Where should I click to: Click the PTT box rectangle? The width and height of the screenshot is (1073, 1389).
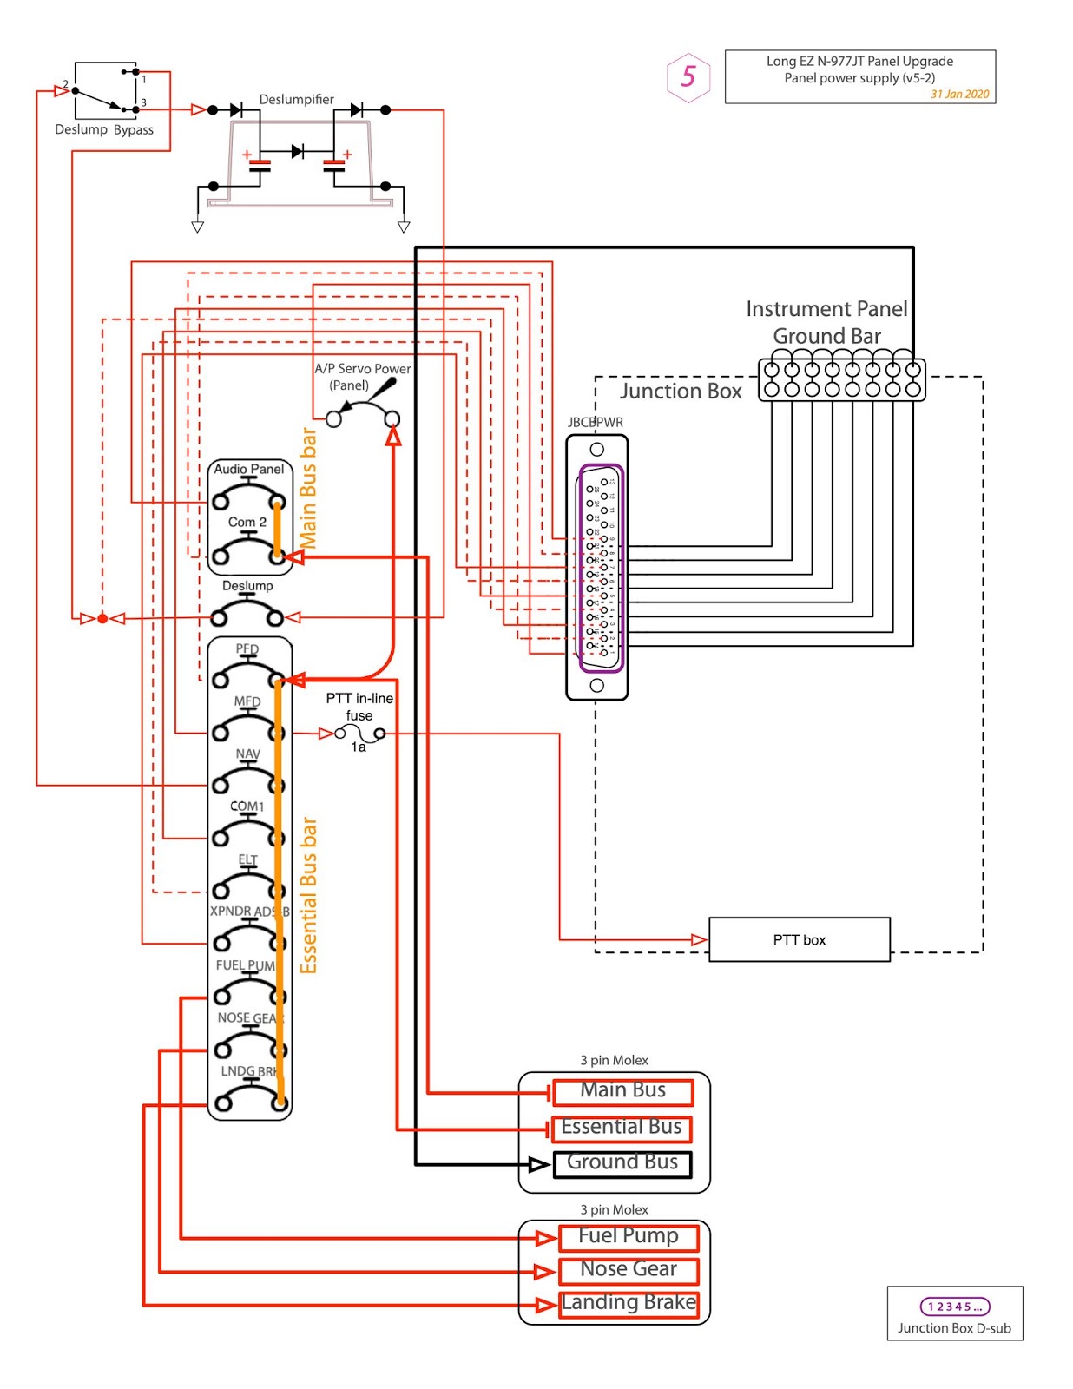(799, 939)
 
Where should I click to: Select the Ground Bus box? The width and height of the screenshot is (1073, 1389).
(622, 1163)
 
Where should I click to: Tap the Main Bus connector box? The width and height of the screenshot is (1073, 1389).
(622, 1091)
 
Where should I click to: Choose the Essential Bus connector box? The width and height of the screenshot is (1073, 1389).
(622, 1128)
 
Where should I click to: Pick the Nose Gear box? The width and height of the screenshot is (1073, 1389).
(629, 1270)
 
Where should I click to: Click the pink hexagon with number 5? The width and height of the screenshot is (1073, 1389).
(688, 77)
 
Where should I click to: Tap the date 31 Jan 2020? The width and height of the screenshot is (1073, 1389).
(959, 95)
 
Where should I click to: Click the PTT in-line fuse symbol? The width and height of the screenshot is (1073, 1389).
(359, 734)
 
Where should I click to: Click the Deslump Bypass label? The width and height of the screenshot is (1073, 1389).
(104, 130)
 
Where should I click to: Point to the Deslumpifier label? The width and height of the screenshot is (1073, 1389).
(296, 100)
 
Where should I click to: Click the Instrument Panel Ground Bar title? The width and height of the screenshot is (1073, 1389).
(826, 322)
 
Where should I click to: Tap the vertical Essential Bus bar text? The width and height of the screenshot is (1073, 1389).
(309, 895)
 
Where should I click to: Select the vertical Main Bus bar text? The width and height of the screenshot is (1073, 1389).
(308, 489)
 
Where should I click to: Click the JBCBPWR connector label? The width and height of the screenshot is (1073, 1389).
(596, 423)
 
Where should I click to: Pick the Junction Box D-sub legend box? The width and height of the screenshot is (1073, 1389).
(954, 1313)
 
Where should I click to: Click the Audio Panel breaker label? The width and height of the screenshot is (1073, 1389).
(249, 470)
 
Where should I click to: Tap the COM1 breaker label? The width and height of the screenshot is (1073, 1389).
(247, 806)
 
